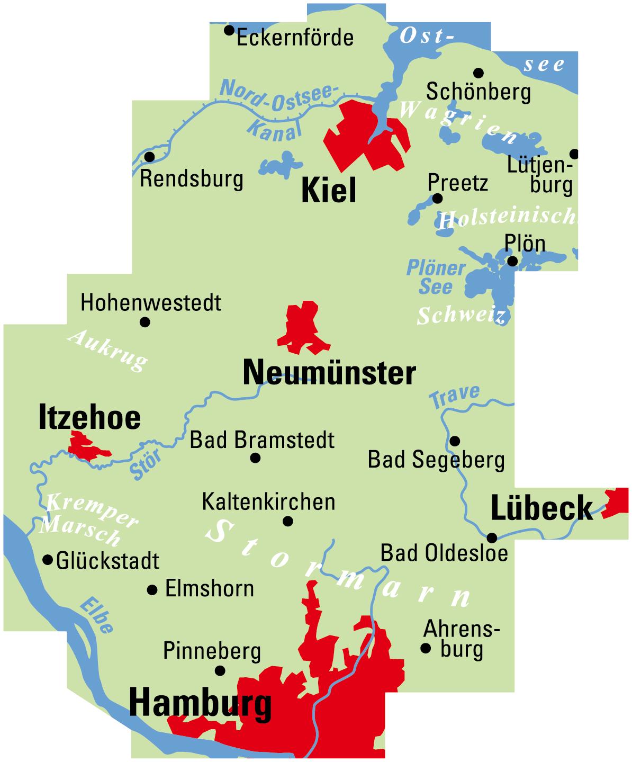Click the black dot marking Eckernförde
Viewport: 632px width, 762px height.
[x=229, y=30]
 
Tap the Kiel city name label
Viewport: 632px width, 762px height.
[x=329, y=191]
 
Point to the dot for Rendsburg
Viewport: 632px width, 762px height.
[x=150, y=157]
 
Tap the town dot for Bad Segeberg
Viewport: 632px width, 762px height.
[x=455, y=441]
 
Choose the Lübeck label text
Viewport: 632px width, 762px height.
[x=541, y=508]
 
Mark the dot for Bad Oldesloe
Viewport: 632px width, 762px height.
[x=492, y=537]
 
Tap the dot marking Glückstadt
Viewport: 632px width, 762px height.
[x=48, y=559]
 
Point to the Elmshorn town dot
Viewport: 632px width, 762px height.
[x=152, y=589]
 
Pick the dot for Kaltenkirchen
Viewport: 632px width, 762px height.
[x=288, y=521]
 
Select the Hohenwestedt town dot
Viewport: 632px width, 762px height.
[x=145, y=322]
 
